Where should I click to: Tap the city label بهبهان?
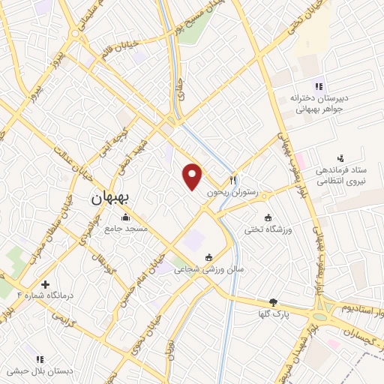click(x=110, y=197)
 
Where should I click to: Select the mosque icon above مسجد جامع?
click(x=125, y=217)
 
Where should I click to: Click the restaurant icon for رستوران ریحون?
click(x=234, y=180)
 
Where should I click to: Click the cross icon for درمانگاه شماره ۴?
click(x=46, y=285)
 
